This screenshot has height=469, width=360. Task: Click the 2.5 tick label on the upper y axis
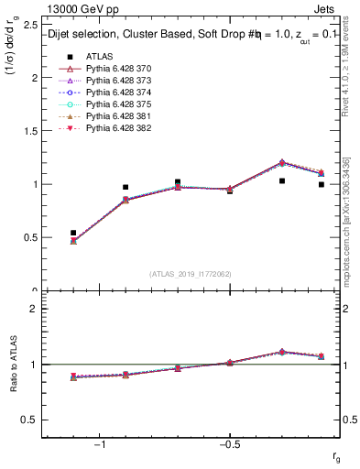pyautogui.click(x=30, y=24)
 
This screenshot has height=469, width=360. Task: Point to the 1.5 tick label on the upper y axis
pyautogui.click(x=30, y=130)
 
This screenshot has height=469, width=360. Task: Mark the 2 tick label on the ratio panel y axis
pyautogui.click(x=35, y=309)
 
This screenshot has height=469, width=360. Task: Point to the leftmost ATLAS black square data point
pyautogui.click(x=73, y=233)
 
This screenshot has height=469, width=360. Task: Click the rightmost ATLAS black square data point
pyautogui.click(x=321, y=184)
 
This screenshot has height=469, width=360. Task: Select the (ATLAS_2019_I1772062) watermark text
pyautogui.click(x=191, y=274)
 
